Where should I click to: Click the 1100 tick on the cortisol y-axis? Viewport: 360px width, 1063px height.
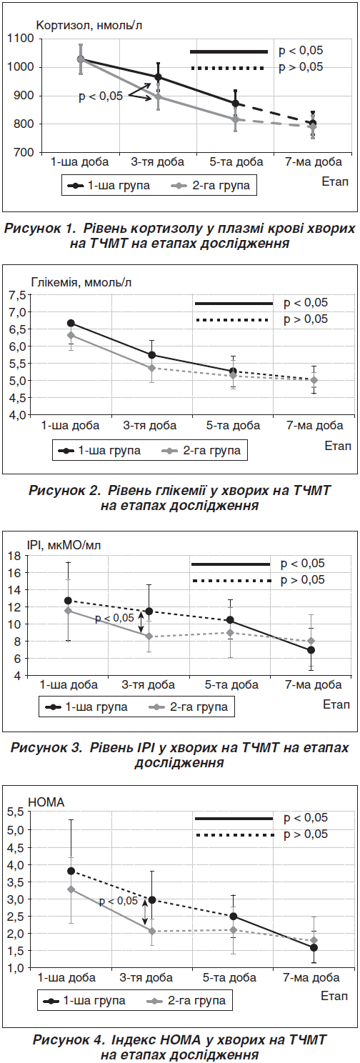(21, 39)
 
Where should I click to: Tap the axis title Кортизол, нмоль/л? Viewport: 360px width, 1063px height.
(89, 25)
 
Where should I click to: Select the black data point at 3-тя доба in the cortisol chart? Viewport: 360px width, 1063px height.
(158, 77)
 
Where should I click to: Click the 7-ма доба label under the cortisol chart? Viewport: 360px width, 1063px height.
(314, 162)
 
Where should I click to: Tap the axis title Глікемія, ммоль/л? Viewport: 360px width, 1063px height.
(81, 282)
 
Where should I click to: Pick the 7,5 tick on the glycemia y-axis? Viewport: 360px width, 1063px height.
(17, 295)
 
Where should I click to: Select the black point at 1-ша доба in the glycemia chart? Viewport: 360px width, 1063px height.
(71, 323)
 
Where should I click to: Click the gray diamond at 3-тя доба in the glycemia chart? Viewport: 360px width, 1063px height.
(151, 368)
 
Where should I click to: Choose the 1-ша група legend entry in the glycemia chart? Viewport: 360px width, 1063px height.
(99, 450)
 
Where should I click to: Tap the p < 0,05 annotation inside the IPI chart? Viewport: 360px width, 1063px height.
(114, 618)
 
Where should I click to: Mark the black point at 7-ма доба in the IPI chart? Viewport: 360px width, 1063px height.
(311, 649)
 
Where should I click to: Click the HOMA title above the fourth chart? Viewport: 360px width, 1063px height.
(46, 802)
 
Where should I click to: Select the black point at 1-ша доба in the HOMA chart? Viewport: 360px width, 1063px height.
(71, 871)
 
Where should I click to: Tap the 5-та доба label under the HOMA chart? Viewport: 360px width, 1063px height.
(229, 977)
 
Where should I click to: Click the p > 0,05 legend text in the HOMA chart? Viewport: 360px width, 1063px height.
(306, 834)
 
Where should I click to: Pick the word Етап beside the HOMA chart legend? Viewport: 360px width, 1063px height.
(334, 995)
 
